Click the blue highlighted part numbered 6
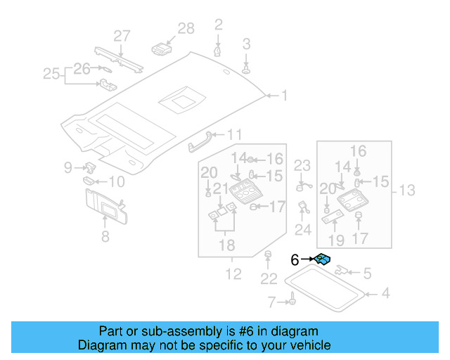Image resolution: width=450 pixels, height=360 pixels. (323, 260)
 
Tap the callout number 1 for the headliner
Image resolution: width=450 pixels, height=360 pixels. (285, 95)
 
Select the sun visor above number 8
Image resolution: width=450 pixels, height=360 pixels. (104, 205)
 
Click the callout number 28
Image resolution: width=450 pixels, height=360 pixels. (186, 28)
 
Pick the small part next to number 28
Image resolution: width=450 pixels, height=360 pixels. (162, 48)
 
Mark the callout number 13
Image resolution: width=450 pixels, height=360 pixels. (407, 190)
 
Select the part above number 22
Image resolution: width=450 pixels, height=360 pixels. (268, 254)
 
